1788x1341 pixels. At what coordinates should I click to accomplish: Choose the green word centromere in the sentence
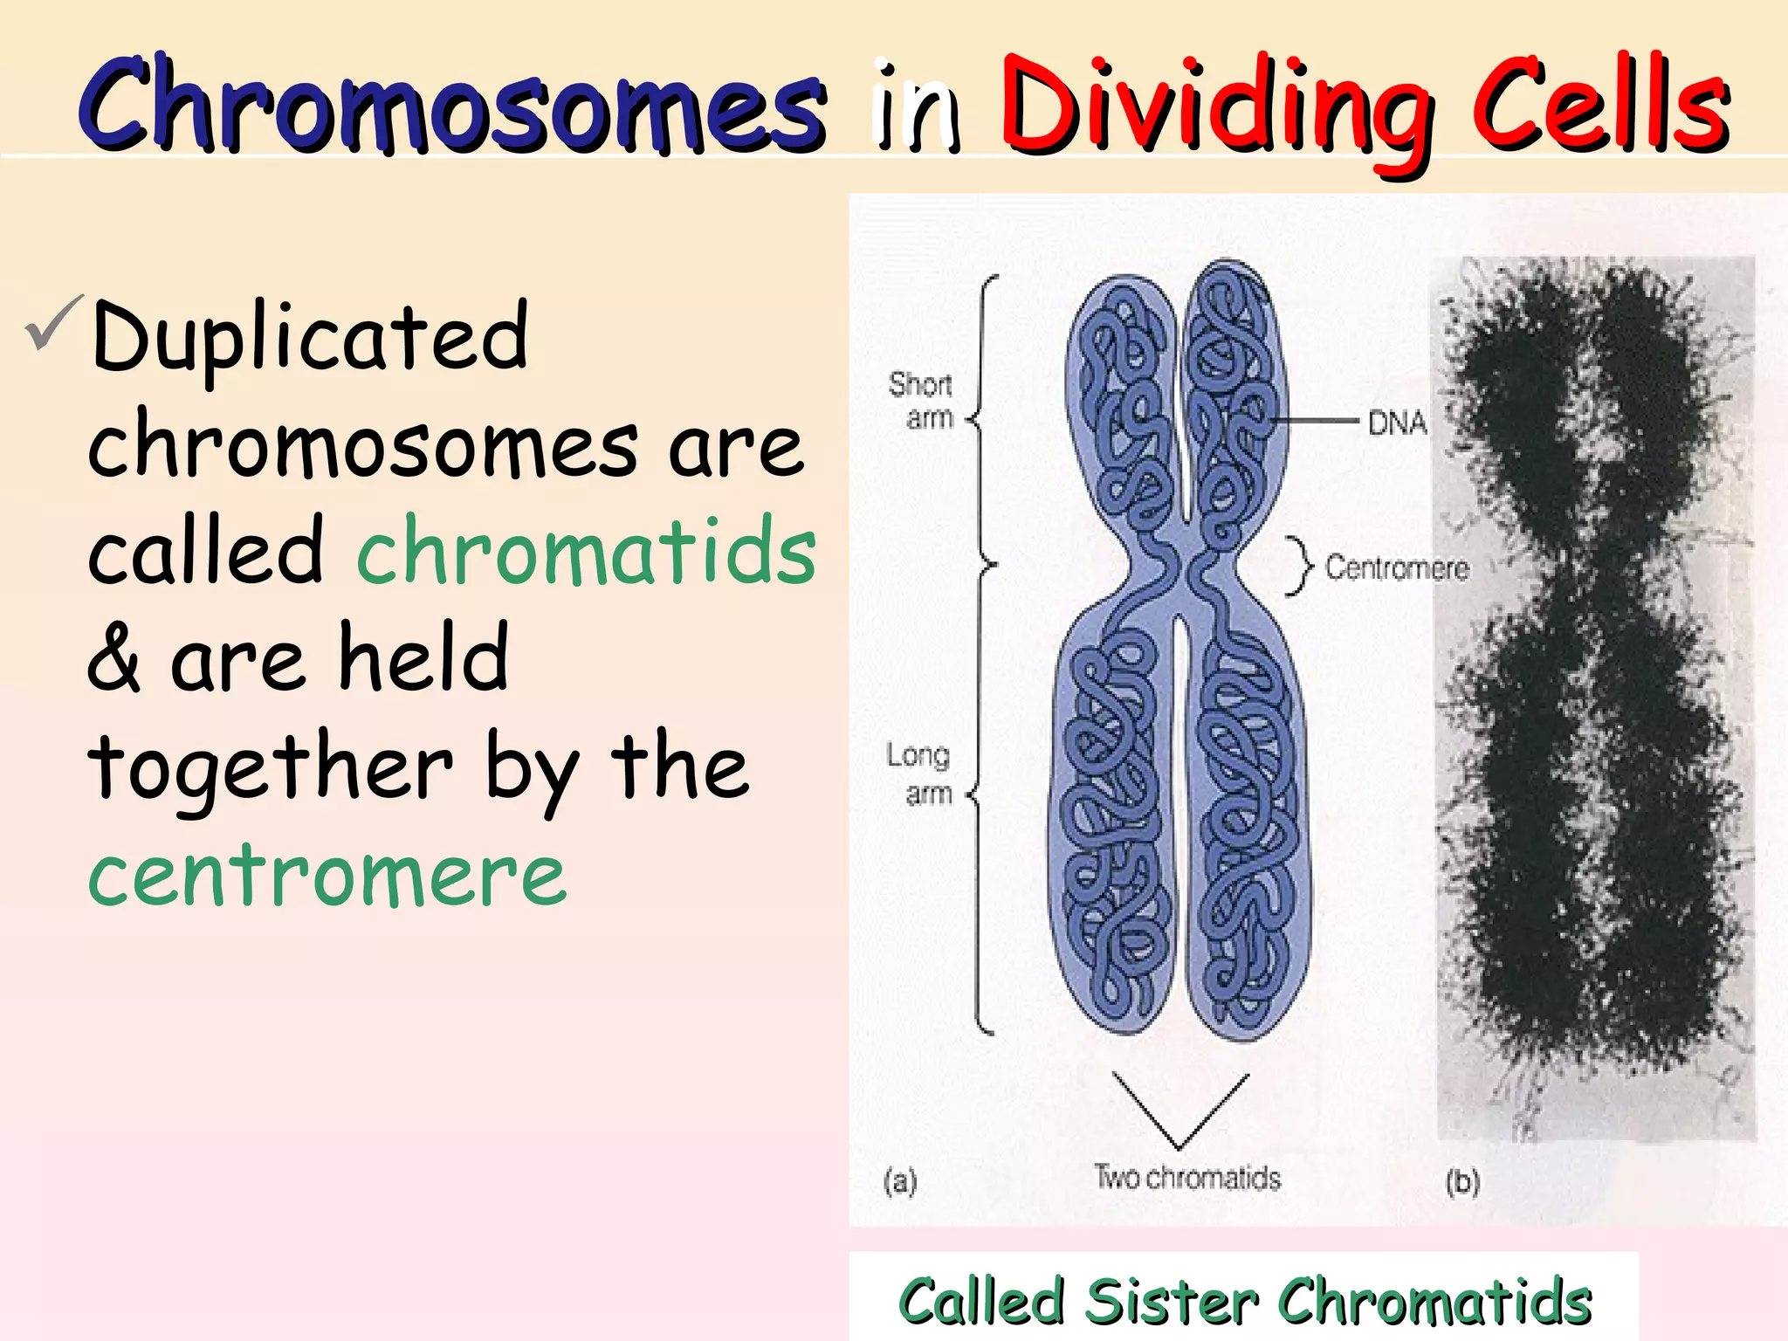(327, 876)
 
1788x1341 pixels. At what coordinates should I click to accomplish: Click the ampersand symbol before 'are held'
(113, 659)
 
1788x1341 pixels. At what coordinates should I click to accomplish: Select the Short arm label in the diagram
(921, 401)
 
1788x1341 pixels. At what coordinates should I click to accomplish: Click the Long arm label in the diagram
(918, 774)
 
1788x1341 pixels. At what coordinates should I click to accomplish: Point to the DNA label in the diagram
(1396, 423)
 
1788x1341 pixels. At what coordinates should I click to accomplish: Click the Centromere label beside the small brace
(1397, 568)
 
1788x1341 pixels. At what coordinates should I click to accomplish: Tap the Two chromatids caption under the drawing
(1187, 1178)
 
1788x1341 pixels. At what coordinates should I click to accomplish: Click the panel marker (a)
(900, 1182)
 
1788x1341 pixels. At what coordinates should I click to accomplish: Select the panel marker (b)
(1462, 1182)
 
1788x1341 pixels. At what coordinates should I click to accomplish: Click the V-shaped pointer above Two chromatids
(1179, 1113)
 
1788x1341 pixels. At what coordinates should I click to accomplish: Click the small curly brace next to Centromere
(1299, 567)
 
